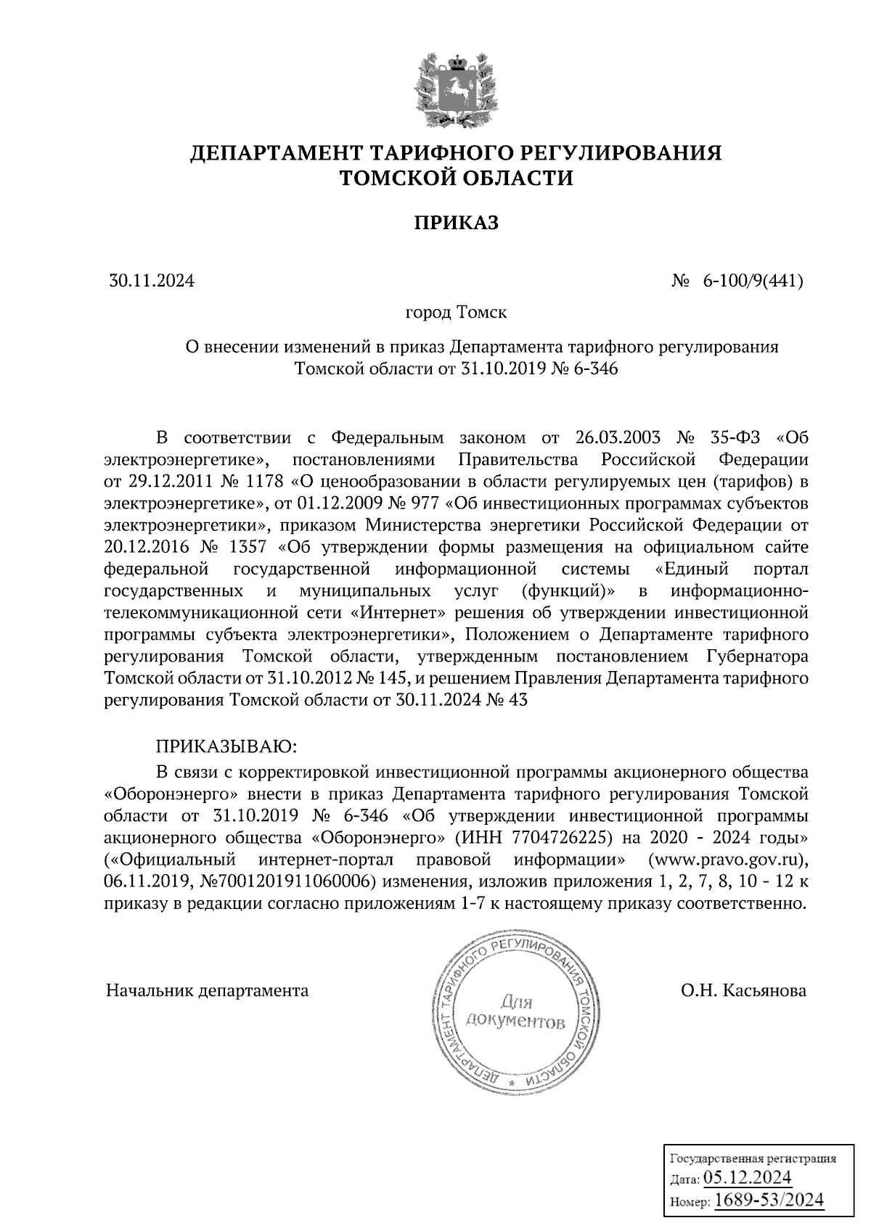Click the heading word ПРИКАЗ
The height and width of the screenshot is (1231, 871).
click(x=456, y=223)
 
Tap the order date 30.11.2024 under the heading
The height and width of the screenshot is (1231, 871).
click(x=152, y=280)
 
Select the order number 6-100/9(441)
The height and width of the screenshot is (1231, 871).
click(x=752, y=280)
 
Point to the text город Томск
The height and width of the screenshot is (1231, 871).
click(x=456, y=313)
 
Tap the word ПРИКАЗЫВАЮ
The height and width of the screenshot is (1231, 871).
click(x=227, y=746)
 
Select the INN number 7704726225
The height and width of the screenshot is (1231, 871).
click(x=558, y=838)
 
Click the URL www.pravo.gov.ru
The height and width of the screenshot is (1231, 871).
click(x=732, y=860)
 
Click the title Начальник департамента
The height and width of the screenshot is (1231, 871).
click(x=207, y=991)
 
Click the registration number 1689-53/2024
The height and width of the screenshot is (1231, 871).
click(x=769, y=1201)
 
